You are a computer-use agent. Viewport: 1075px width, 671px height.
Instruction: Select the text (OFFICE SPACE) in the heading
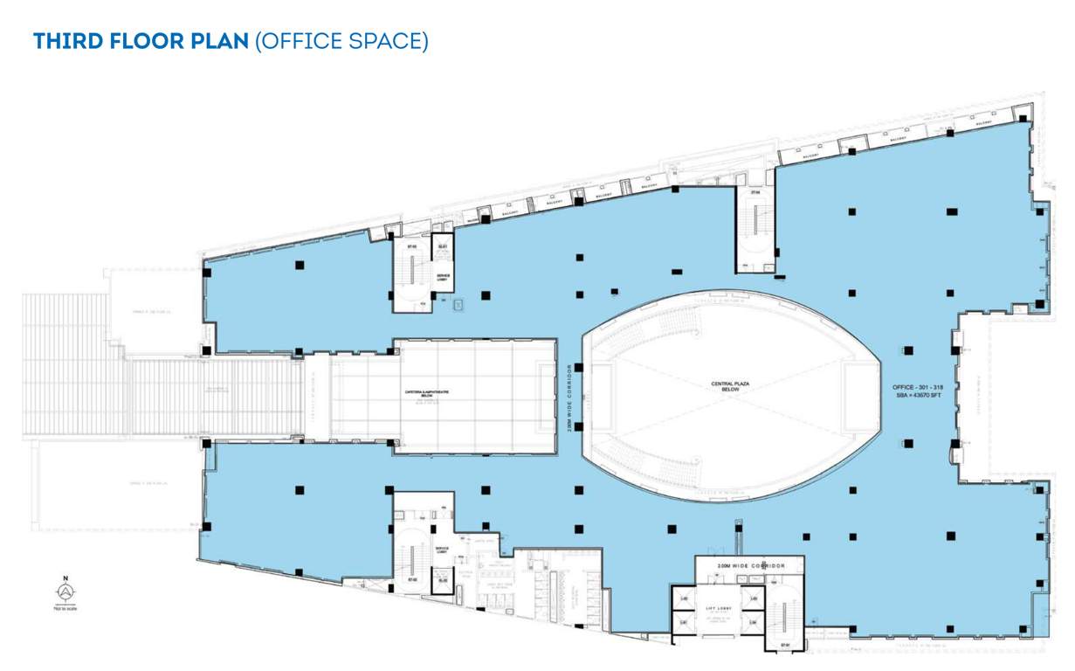[x=341, y=41]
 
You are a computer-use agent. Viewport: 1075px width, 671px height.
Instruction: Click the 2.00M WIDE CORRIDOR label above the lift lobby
[x=749, y=566]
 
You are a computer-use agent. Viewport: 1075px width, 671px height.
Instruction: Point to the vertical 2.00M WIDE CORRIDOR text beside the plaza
[x=572, y=400]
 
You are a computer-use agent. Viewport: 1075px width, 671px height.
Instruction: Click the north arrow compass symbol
[x=65, y=592]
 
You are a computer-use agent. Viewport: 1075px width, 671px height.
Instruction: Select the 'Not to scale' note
[x=65, y=608]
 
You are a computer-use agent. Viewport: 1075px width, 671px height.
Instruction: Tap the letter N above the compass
[x=65, y=578]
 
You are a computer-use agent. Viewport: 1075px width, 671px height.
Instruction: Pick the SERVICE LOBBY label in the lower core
[x=442, y=550]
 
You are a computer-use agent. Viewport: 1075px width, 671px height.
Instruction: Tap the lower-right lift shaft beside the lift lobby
[x=751, y=622]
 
